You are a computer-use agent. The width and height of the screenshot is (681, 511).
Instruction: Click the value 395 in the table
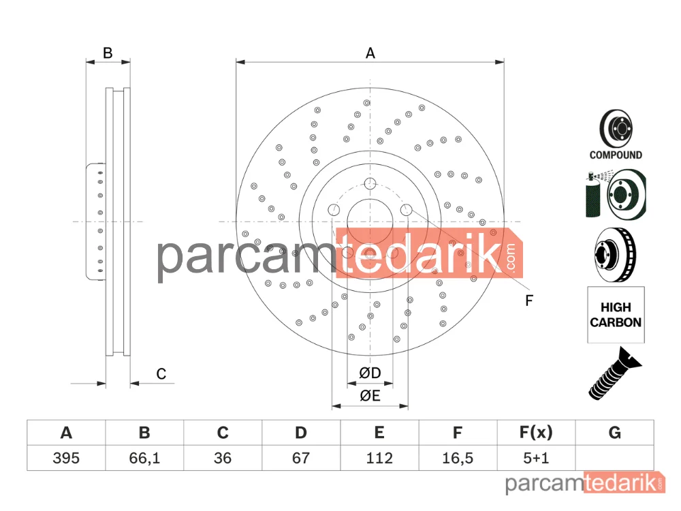coord(66,458)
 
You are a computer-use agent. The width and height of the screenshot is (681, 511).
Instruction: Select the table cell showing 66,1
coord(144,458)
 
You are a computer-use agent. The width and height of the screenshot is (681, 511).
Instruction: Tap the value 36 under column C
coord(223,458)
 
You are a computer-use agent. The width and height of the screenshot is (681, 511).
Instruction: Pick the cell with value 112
coord(379,458)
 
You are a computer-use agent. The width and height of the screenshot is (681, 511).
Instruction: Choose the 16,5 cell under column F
coord(458,458)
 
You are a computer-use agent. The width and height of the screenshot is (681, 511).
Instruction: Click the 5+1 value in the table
coord(536,458)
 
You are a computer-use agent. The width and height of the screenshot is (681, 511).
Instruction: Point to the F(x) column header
coord(536,433)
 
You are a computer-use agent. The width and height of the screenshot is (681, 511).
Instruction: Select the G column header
coord(614,433)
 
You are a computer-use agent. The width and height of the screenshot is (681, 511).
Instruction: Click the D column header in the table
coord(300,433)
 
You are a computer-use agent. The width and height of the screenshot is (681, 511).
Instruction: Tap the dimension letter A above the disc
coord(370,53)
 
